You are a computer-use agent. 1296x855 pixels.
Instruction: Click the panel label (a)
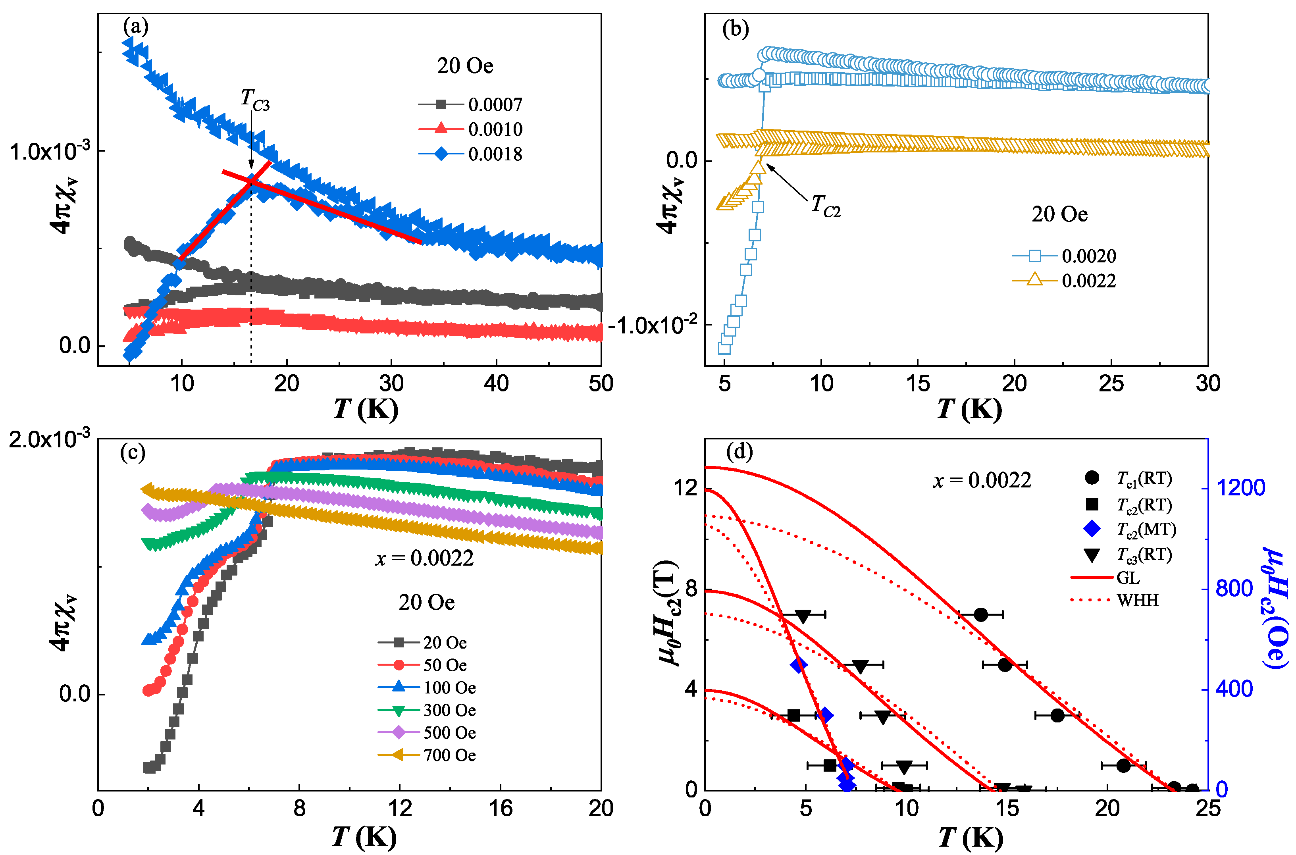pyautogui.click(x=135, y=26)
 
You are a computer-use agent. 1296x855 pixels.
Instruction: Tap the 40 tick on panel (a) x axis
pyautogui.click(x=496, y=384)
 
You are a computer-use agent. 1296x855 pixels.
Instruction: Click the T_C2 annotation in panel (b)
pyautogui.click(x=826, y=206)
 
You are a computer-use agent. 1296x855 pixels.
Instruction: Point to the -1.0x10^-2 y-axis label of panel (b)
pyautogui.click(x=653, y=325)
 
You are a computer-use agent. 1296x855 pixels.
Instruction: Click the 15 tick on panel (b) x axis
pyautogui.click(x=918, y=384)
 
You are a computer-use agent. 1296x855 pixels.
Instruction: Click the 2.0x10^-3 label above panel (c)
pyautogui.click(x=49, y=439)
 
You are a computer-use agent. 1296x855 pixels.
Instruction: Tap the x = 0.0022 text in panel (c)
pyautogui.click(x=425, y=558)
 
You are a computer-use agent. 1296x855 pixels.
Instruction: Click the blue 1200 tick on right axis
pyautogui.click(x=1241, y=487)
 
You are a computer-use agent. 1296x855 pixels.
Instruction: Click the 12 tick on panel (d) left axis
pyautogui.click(x=686, y=487)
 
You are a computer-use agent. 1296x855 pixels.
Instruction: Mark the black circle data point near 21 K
pyautogui.click(x=1123, y=766)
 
